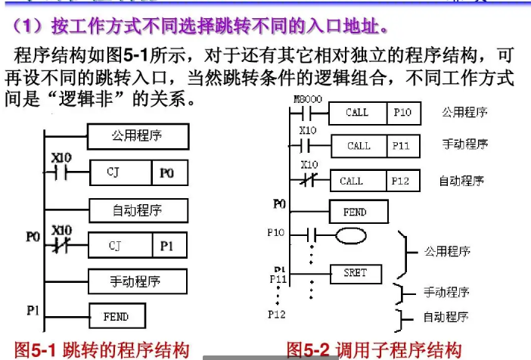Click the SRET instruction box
point(356,273)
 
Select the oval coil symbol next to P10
point(353,234)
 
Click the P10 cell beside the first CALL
point(402,113)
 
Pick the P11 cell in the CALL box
point(402,145)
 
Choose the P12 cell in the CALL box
point(402,181)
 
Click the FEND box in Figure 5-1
point(116,317)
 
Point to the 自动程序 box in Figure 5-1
point(137,209)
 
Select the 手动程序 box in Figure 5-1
point(137,281)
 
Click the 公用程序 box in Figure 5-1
point(137,137)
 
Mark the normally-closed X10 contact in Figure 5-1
point(61,245)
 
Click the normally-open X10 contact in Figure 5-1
point(61,172)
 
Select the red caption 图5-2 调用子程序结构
point(374,349)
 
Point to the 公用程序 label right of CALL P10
point(464,113)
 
